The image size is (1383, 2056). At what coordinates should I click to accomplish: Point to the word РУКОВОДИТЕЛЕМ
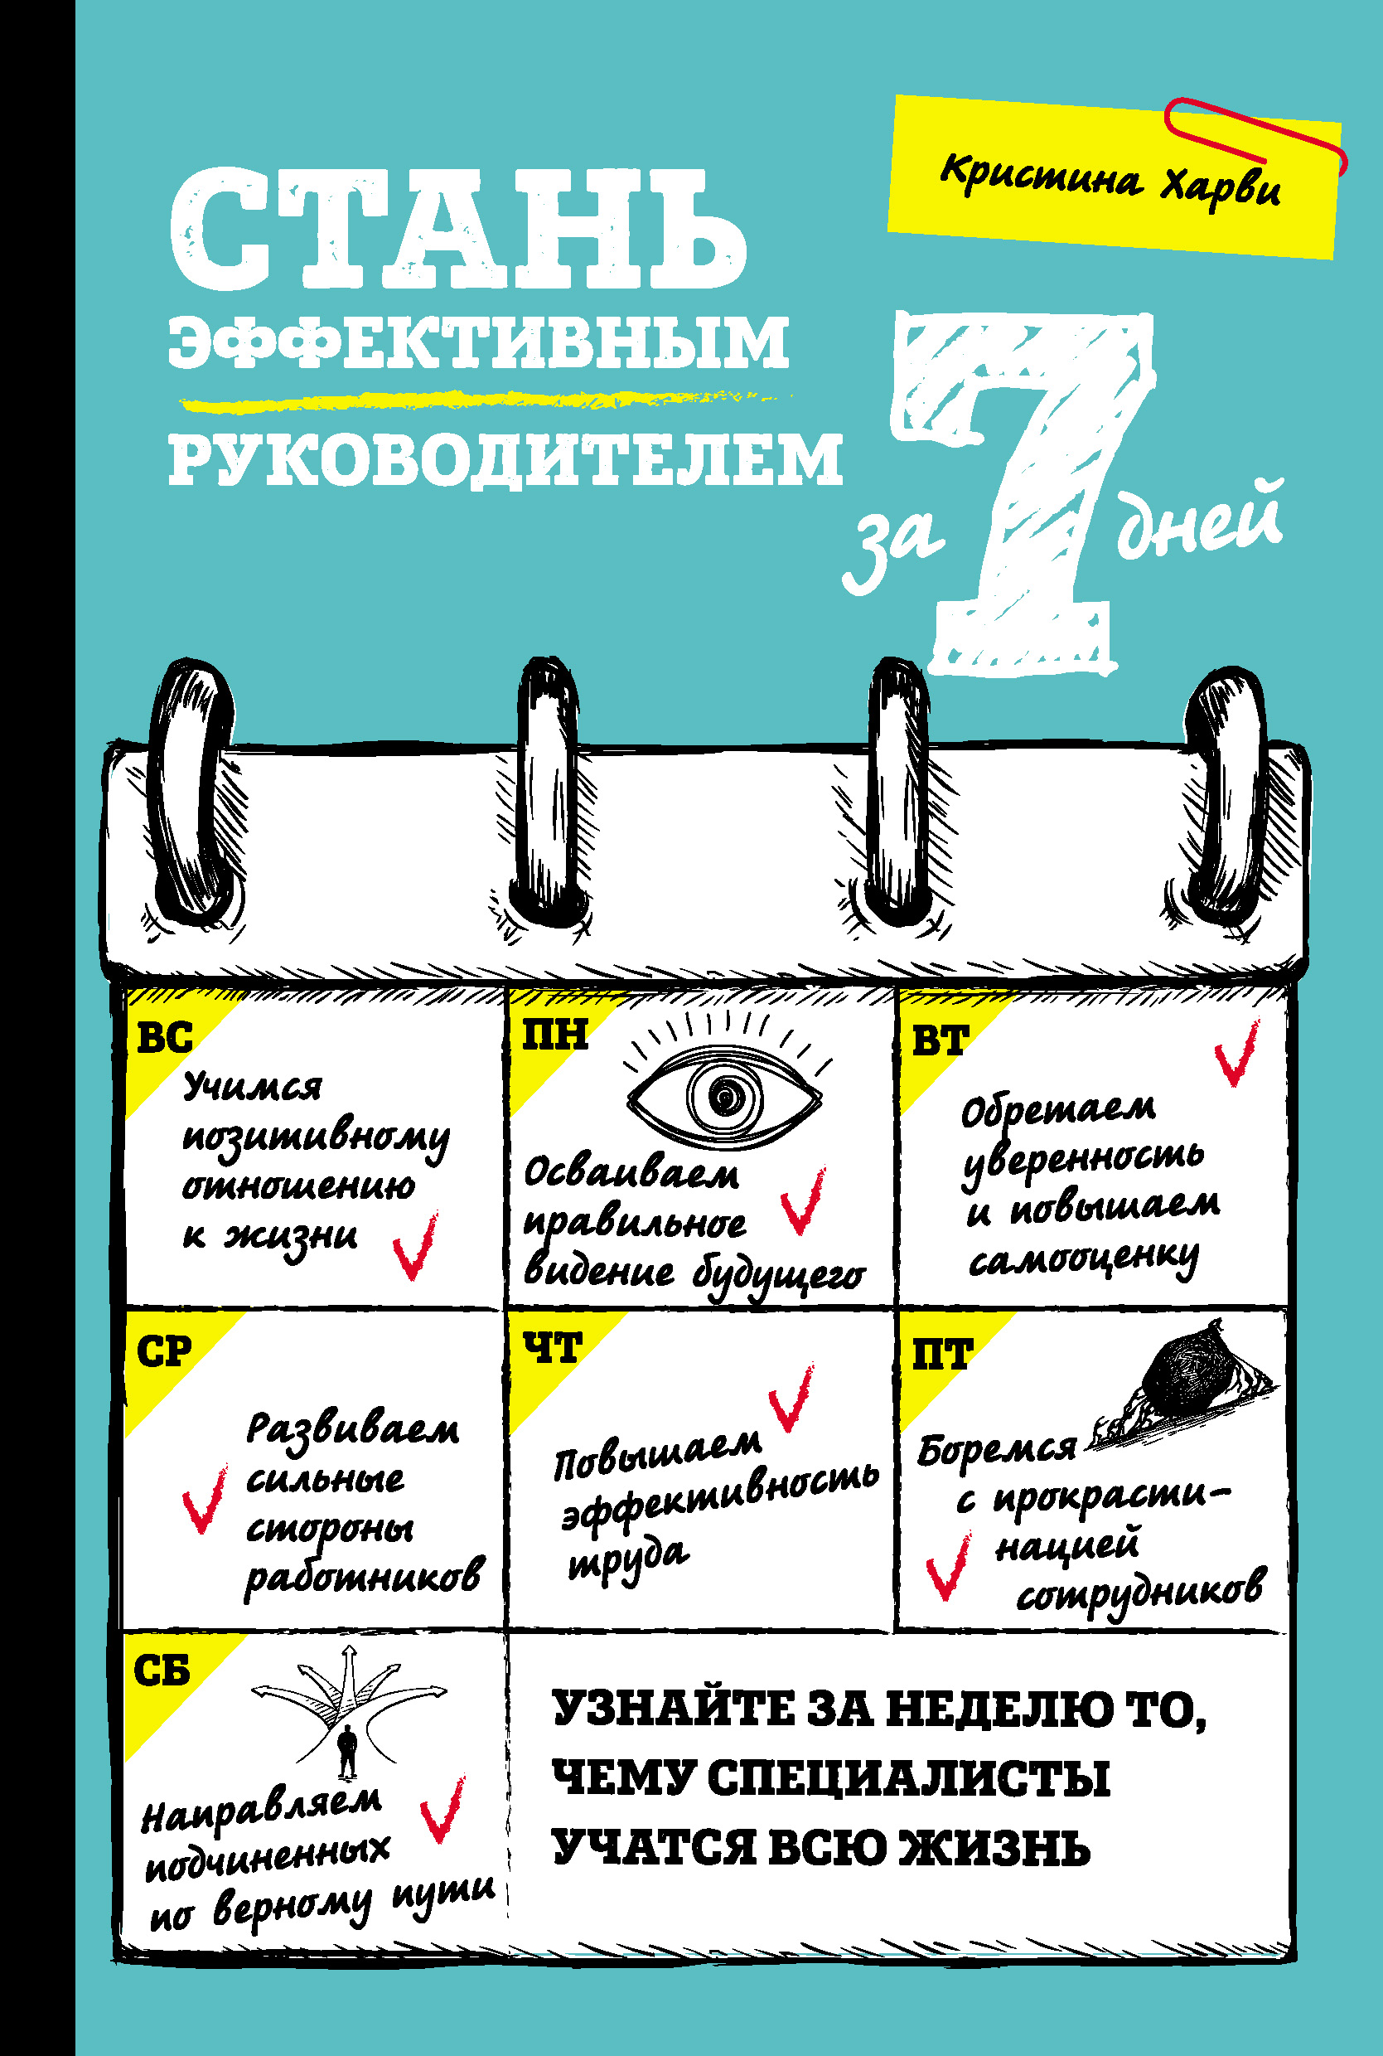tap(505, 458)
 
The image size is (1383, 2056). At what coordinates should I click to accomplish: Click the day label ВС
tap(165, 1037)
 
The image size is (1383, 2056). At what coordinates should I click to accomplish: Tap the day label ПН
tap(555, 1033)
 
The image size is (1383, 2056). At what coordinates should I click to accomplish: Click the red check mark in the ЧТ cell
tap(791, 1398)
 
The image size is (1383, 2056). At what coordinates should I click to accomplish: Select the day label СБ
tap(162, 1670)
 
